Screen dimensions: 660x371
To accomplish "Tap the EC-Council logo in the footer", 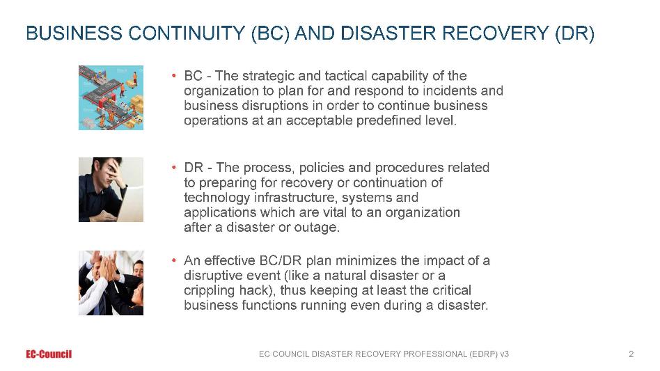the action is coord(49,354).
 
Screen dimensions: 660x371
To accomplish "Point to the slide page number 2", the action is coord(631,354).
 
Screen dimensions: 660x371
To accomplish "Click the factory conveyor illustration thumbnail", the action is coord(111,97).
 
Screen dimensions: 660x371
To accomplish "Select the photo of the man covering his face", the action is coord(111,190).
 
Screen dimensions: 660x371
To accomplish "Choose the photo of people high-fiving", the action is coord(111,283).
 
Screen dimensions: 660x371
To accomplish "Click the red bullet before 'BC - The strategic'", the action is coord(173,76).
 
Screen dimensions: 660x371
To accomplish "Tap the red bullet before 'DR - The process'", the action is coord(173,168).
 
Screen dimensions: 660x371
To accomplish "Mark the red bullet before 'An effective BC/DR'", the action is coord(173,261).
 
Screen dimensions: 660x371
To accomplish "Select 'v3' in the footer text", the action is coord(504,354).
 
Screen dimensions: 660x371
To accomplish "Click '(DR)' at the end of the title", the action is coord(574,33).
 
